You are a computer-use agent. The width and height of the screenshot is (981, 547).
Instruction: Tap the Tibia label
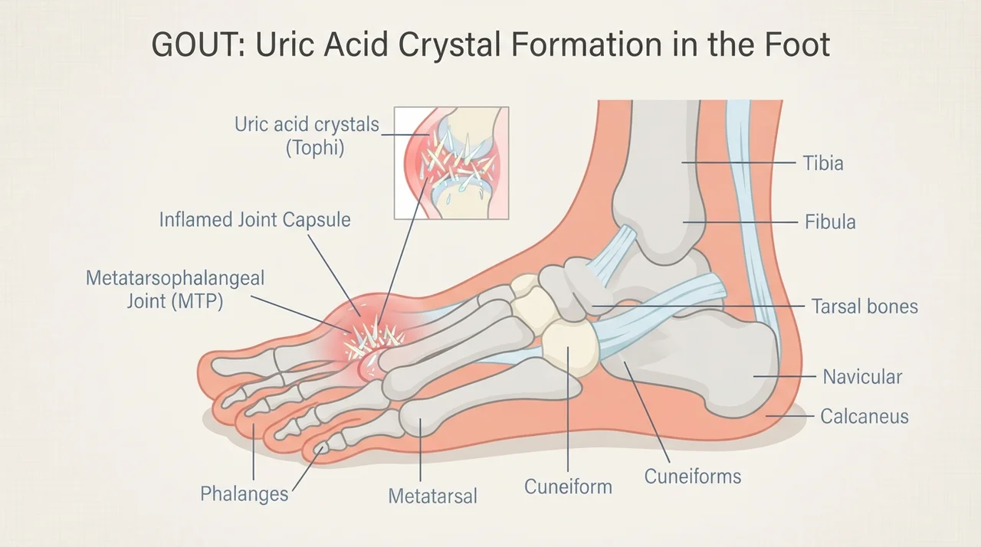coord(823,163)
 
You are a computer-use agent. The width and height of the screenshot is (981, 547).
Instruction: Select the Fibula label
coord(830,222)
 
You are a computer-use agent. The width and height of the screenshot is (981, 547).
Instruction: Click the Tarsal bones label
coord(865,306)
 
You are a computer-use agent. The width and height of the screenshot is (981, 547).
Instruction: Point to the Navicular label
coord(862,377)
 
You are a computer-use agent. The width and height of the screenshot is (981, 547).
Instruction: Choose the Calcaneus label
coord(864,416)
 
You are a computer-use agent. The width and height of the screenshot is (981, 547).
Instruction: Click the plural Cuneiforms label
coord(692,477)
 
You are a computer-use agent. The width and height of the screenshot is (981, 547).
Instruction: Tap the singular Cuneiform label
coord(568,486)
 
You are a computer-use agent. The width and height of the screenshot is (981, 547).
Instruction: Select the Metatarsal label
coord(432,496)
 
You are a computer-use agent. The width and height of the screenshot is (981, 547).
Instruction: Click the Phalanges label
coord(244,494)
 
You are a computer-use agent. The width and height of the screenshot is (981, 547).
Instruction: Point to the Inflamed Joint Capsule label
coord(255,220)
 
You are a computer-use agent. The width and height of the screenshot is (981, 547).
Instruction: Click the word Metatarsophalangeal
coord(176,278)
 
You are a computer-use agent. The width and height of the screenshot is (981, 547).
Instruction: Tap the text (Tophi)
coord(315,148)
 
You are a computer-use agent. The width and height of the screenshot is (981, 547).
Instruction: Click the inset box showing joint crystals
coord(451,162)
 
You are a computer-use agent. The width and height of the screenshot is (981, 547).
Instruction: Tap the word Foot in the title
coord(797,45)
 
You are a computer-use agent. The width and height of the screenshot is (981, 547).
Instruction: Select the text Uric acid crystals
coord(307,125)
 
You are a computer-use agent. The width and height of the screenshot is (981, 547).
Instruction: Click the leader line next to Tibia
coord(739,162)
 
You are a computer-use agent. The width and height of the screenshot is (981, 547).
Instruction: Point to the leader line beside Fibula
coord(740,222)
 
